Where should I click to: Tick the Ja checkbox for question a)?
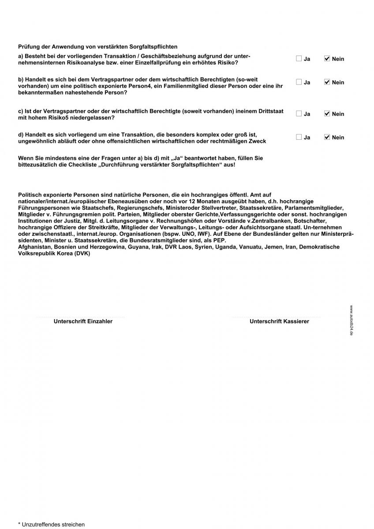coord(299,59)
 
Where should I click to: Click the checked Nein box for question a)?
coord(327,59)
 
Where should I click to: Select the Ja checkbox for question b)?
coord(299,82)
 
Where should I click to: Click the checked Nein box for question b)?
coord(327,82)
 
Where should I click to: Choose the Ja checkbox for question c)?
coord(299,114)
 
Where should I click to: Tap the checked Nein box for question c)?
coord(327,114)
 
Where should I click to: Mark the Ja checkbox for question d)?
coord(299,137)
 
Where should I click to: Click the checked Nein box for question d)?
coord(327,137)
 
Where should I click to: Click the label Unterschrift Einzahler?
coord(83,321)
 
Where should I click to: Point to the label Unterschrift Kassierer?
coord(279,321)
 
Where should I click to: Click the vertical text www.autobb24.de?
coord(351,320)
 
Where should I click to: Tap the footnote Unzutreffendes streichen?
coord(51,525)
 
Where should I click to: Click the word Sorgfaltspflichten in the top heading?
coord(148,46)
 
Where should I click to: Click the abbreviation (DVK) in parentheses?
coord(82,253)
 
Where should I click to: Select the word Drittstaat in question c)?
coord(269,111)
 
